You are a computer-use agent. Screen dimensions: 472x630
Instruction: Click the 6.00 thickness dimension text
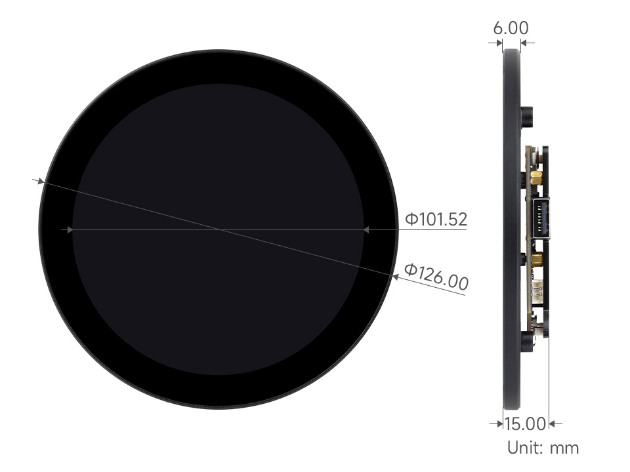pos(510,28)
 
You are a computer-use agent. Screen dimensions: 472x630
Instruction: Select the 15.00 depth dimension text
pos(524,423)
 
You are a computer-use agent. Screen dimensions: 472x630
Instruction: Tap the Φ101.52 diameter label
pos(436,219)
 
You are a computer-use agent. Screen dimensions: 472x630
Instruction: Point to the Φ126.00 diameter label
pos(436,277)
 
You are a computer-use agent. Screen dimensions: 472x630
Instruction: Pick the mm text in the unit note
pos(564,448)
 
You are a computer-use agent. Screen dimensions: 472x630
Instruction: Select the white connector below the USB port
pos(538,291)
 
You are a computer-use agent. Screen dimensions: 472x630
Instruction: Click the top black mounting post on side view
pos(527,117)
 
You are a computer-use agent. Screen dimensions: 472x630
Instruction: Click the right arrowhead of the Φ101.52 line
pos(367,229)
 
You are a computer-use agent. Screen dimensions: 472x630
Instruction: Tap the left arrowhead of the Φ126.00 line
pos(41,180)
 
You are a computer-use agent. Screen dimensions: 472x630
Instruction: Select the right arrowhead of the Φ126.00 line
pos(394,277)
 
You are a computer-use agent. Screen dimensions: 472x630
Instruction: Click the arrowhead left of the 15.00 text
pos(497,424)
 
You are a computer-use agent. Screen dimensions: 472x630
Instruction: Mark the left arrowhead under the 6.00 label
pos(497,43)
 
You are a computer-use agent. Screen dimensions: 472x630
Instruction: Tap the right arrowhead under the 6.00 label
pos(525,43)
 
